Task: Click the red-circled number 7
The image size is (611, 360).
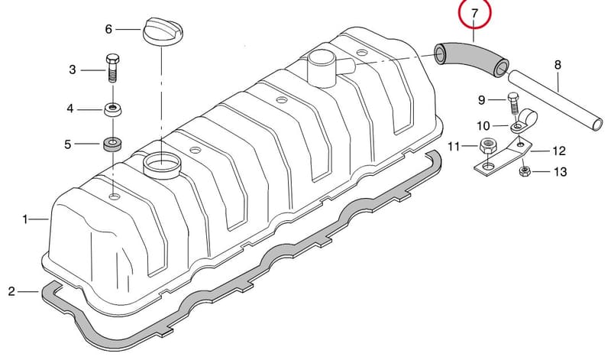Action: [474, 14]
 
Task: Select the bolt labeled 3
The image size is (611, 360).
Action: [112, 68]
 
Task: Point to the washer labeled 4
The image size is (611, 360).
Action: [113, 109]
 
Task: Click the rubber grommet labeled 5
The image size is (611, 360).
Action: [112, 144]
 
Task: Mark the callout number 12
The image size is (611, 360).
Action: [559, 151]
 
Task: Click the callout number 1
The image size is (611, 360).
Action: [25, 219]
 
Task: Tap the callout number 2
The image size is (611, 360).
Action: [11, 291]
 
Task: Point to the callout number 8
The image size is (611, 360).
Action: [558, 65]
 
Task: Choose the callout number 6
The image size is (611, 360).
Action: [108, 29]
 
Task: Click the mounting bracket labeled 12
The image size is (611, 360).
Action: [503, 155]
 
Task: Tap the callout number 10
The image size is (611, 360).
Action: [483, 126]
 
